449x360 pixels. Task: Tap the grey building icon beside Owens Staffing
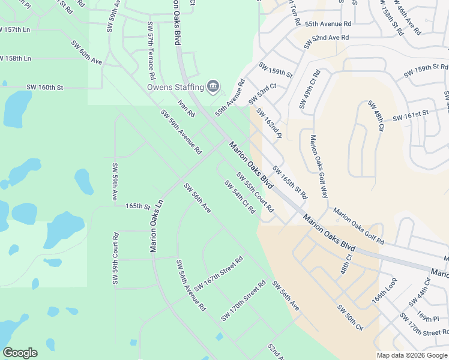tap(212, 87)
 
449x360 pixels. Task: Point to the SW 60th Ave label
tap(87, 53)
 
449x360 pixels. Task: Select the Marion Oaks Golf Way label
tap(319, 167)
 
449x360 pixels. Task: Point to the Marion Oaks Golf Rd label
tap(359, 226)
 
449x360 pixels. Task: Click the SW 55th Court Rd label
tap(255, 193)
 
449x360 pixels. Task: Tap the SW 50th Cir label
tap(351, 319)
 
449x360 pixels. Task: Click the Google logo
tap(20, 353)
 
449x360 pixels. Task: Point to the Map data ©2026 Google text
tap(411, 355)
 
